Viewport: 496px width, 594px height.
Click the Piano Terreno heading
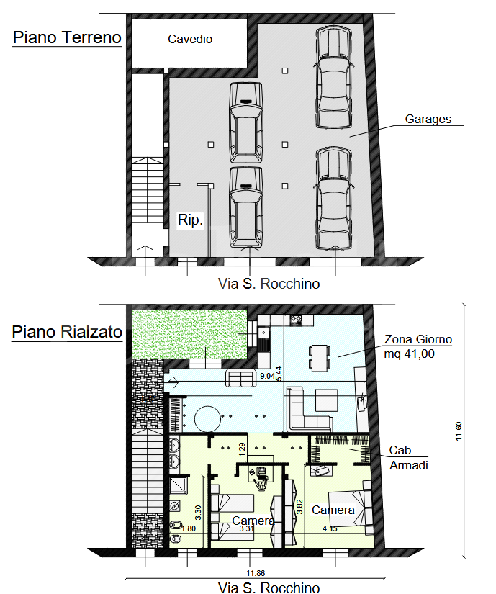(x=67, y=37)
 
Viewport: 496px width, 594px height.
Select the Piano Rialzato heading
(x=67, y=332)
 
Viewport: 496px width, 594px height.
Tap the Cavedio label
(x=190, y=39)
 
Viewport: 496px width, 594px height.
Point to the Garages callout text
(x=428, y=119)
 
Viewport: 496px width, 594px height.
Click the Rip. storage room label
(x=191, y=220)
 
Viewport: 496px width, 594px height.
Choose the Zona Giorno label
(x=418, y=339)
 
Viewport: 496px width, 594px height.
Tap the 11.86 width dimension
(x=256, y=574)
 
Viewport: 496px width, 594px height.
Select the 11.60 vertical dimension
(x=459, y=431)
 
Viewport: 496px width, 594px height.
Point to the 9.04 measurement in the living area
(x=267, y=376)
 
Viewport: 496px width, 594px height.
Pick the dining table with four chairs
(x=320, y=358)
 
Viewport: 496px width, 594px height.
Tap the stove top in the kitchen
(x=296, y=320)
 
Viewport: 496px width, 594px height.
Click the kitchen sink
(x=263, y=332)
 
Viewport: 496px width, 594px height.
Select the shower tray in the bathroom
(x=178, y=485)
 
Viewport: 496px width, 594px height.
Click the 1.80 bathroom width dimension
(x=188, y=529)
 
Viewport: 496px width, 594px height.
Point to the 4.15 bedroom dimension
(x=330, y=529)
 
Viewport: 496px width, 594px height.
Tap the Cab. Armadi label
(x=409, y=458)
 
